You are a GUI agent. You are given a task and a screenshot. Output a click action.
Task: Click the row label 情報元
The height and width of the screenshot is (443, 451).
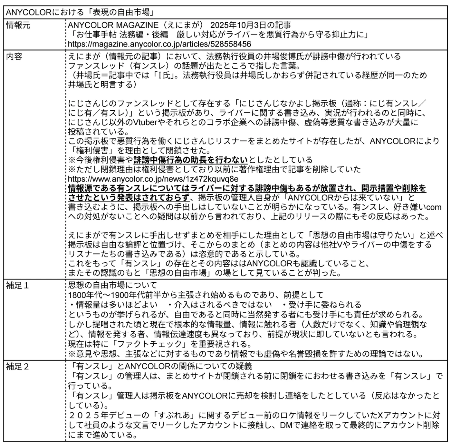pyautogui.click(x=18, y=25)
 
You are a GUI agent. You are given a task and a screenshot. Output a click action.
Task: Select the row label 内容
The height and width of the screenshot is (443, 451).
pyautogui.click(x=14, y=56)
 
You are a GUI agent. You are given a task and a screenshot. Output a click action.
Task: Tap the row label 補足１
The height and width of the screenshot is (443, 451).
pyautogui.click(x=18, y=286)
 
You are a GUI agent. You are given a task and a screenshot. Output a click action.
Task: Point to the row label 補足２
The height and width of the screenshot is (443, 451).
pyautogui.click(x=18, y=367)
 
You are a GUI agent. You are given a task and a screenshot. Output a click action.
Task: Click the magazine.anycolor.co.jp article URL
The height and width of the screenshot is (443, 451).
pyautogui.click(x=159, y=44)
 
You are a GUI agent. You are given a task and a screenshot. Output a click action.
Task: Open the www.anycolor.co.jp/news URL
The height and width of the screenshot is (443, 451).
pyautogui.click(x=153, y=179)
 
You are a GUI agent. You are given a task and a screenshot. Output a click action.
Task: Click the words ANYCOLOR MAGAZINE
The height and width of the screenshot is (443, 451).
pyautogui.click(x=113, y=25)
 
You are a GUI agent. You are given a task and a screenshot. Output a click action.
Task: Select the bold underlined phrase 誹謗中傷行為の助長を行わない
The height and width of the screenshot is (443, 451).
pyautogui.click(x=190, y=160)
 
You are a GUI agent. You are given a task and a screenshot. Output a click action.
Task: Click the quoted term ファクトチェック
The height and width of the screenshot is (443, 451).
pyautogui.click(x=153, y=344)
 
